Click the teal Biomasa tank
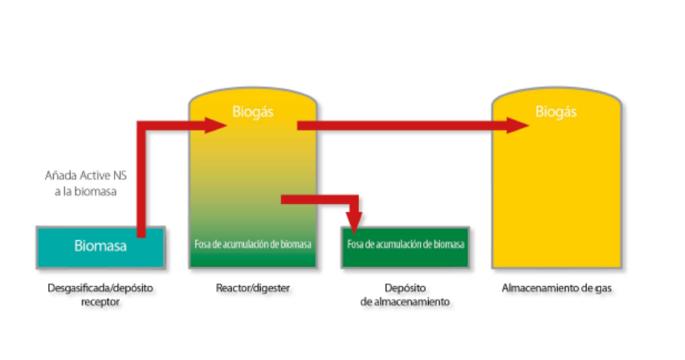(100, 247)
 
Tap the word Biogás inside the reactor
(253, 112)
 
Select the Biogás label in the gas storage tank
(557, 112)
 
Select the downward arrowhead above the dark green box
(354, 221)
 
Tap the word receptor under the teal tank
(100, 302)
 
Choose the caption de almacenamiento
(406, 302)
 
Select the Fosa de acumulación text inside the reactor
(253, 243)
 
